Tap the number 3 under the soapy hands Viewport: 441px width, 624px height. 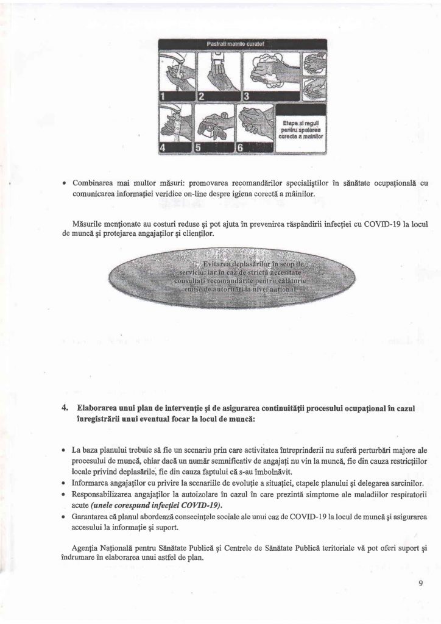[247, 96]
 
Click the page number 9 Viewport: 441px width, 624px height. [420, 583]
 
